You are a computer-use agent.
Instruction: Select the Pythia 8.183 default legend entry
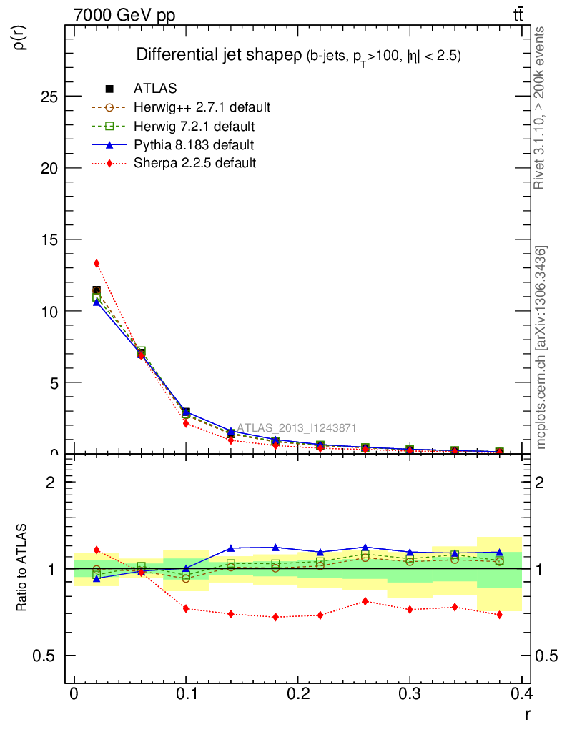[193, 145]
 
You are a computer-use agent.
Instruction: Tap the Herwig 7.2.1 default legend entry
[193, 127]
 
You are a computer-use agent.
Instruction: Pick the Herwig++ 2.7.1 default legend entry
[201, 108]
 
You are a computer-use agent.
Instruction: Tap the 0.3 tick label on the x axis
[409, 693]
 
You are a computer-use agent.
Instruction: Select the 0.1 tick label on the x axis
[186, 693]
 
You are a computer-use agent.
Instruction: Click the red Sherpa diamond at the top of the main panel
[97, 263]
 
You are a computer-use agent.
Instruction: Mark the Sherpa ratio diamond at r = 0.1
[186, 608]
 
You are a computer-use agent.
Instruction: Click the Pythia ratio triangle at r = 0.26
[365, 548]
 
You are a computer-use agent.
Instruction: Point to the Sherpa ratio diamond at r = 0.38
[499, 615]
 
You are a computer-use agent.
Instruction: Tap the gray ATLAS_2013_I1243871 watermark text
[296, 427]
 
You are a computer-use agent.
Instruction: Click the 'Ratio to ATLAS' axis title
[23, 568]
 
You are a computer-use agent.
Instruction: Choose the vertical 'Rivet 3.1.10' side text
[540, 107]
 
